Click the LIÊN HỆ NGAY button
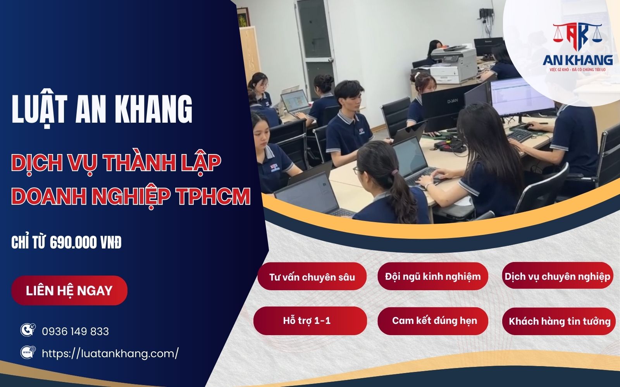(x=69, y=291)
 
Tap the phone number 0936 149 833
(x=75, y=332)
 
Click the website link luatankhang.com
(x=110, y=353)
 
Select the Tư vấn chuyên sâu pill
(x=312, y=277)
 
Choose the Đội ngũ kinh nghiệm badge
(x=433, y=276)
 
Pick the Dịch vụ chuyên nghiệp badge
(x=557, y=276)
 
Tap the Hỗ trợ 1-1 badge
(x=310, y=320)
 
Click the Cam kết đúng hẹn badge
(x=433, y=320)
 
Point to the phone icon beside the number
(x=28, y=330)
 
